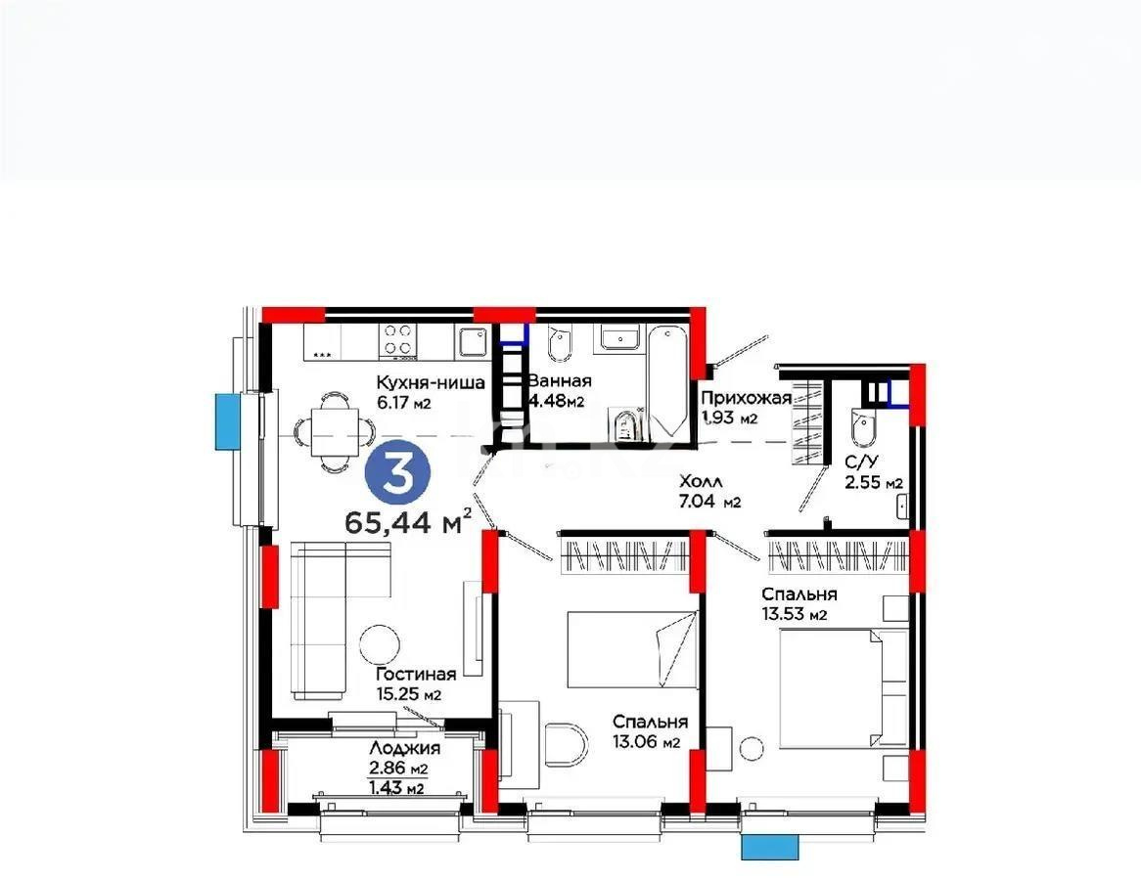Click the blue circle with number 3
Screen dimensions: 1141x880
[397, 474]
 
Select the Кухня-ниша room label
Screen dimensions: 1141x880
[430, 382]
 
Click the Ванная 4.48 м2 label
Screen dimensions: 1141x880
[559, 390]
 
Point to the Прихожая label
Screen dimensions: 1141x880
[746, 398]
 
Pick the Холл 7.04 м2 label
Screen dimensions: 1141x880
[709, 491]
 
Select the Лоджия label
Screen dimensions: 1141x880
[404, 748]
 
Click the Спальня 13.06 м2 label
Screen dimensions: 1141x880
[650, 731]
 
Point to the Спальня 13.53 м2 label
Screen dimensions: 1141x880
[799, 603]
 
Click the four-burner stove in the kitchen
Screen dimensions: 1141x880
[398, 341]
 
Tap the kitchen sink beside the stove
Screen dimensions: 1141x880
[473, 341]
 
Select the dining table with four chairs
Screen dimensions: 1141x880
[335, 433]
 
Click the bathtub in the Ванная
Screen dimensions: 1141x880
[667, 380]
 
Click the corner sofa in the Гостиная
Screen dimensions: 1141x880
[341, 617]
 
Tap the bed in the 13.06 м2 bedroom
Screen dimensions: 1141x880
[632, 649]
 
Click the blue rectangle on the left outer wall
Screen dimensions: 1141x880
[227, 421]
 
